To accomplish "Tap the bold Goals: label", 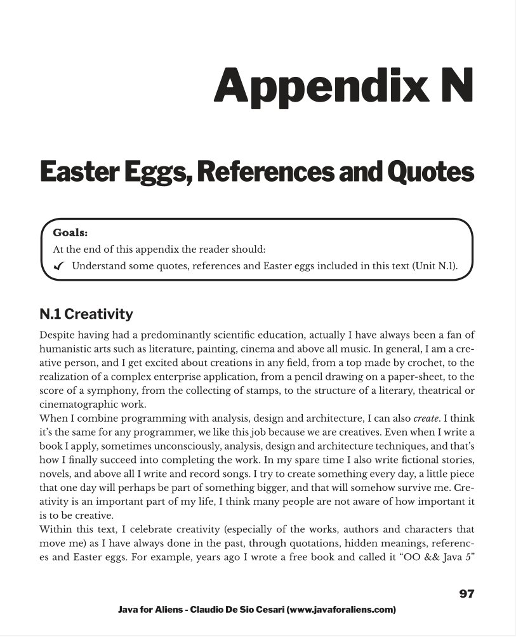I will click(x=70, y=232).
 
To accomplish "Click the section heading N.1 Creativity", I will click(x=86, y=314).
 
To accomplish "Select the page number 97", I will click(x=466, y=594).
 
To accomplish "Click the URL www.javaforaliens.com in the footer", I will click(x=341, y=610).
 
